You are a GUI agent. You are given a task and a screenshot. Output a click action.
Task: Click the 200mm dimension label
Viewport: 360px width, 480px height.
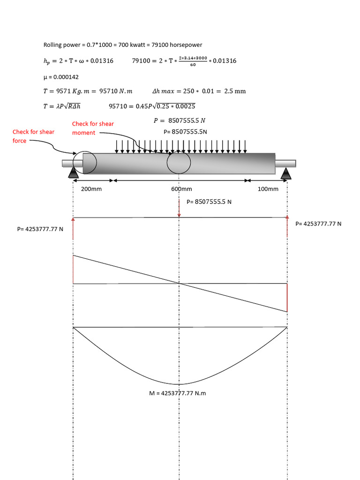tap(91, 189)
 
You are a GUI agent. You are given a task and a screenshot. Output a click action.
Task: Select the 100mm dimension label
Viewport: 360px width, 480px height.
tap(268, 189)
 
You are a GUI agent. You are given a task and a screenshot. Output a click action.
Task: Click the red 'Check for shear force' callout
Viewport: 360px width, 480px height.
tap(33, 136)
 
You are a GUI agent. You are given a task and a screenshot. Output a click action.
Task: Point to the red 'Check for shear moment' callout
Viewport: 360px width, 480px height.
tap(93, 128)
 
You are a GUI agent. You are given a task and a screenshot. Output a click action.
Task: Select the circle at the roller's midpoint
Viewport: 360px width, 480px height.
tap(179, 163)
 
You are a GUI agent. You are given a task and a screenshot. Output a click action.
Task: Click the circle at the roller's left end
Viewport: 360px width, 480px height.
tap(85, 163)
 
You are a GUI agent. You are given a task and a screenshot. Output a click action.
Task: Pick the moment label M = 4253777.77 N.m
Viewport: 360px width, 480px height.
tap(177, 393)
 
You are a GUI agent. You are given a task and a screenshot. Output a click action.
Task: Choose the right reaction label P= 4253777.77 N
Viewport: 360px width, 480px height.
tap(318, 224)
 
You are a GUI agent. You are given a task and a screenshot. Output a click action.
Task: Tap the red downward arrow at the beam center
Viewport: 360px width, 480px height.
tap(179, 208)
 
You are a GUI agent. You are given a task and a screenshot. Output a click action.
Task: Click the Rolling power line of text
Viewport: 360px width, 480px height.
tap(123, 45)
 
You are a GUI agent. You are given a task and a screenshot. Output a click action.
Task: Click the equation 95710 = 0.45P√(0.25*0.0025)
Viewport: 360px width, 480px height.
tap(152, 106)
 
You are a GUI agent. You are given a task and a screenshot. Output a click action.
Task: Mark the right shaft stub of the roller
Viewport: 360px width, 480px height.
tap(285, 163)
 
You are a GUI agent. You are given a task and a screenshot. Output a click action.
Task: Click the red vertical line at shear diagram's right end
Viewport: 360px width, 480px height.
tap(287, 298)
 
